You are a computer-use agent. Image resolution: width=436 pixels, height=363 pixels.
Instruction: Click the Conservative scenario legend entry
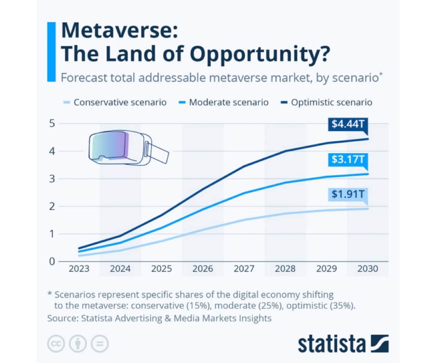coord(115,103)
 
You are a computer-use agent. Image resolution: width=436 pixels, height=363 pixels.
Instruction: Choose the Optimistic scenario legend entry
coord(326,103)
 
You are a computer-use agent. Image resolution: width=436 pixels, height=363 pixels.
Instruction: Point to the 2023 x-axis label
coord(79,269)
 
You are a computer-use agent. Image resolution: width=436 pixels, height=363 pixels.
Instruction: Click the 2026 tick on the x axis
coord(203,269)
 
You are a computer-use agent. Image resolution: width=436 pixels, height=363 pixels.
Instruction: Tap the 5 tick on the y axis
coord(52,124)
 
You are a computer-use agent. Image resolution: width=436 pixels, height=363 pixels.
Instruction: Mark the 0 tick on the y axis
coord(52,261)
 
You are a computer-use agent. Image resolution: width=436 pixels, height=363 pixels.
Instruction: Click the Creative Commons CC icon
coord(56,344)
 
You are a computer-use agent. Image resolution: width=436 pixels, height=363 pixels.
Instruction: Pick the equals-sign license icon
coord(100,344)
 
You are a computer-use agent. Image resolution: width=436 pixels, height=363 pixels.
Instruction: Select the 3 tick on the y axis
coord(52,179)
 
